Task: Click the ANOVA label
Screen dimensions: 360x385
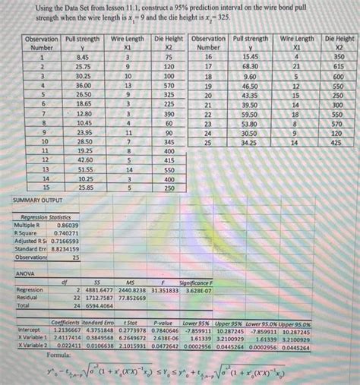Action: click(25, 272)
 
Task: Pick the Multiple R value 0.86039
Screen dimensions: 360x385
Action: click(67, 226)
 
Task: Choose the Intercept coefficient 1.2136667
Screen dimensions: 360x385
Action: click(68, 331)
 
